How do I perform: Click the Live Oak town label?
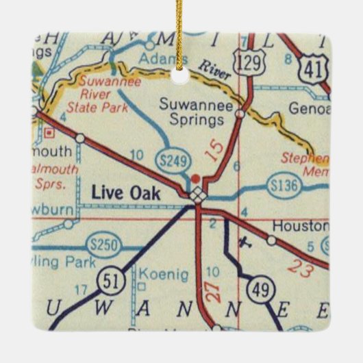point(126,194)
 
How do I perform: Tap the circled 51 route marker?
point(110,280)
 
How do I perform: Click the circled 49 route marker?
point(262,288)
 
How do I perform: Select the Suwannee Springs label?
point(191,113)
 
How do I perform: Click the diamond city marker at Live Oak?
point(198,195)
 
